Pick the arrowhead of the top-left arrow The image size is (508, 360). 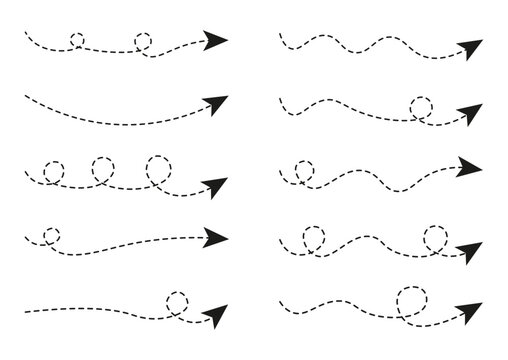coord(214,41)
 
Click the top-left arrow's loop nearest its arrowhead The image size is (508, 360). coord(143,42)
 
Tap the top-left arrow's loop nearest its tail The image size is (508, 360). coord(77,41)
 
